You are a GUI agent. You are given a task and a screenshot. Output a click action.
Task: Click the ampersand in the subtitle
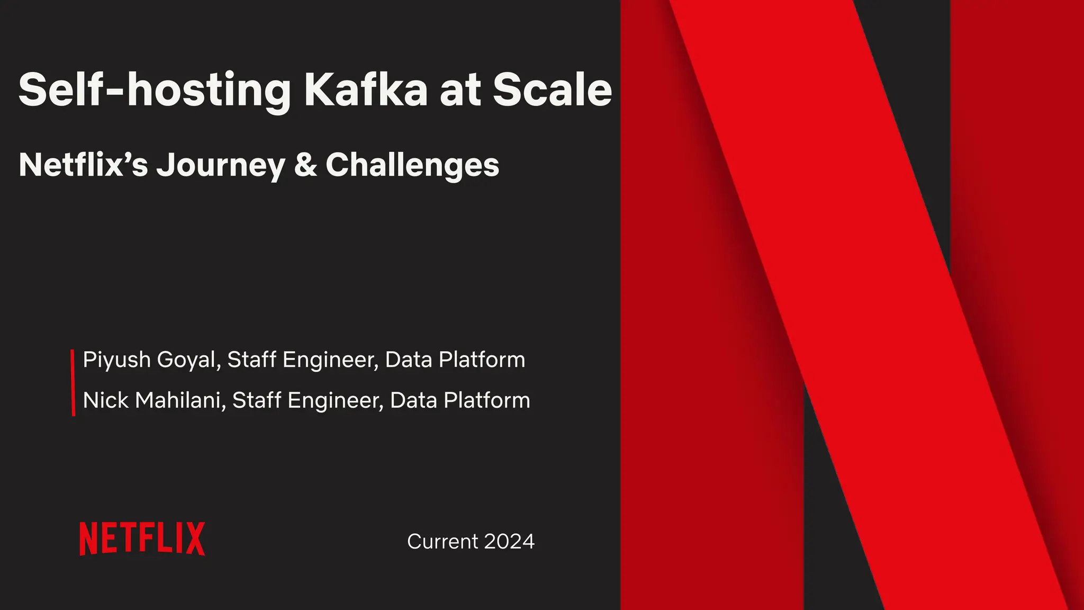(x=305, y=165)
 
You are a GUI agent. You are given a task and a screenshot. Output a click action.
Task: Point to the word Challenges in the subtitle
(x=412, y=165)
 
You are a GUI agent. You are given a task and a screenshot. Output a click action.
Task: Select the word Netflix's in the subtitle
(x=83, y=165)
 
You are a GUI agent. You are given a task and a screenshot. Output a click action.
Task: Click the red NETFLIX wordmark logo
(x=142, y=539)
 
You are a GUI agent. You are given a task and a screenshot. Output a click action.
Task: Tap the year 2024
(x=509, y=542)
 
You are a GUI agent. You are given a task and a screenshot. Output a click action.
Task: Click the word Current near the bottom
(x=442, y=542)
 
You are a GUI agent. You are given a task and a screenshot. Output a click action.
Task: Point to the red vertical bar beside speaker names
(x=73, y=382)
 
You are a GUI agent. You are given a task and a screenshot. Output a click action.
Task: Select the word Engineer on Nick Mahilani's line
(x=336, y=401)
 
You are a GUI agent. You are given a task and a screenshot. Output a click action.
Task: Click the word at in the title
(x=460, y=90)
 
